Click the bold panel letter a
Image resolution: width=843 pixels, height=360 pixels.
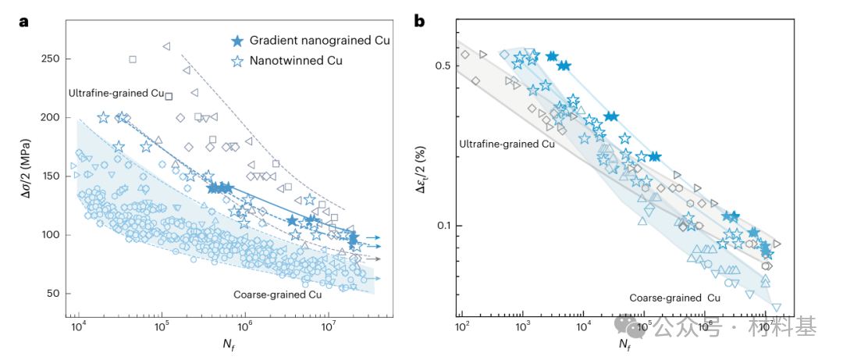(x=24, y=21)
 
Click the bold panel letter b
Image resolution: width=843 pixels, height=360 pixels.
(x=419, y=21)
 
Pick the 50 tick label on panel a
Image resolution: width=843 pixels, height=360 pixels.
(x=51, y=293)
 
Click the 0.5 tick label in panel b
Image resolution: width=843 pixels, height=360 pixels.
(x=442, y=66)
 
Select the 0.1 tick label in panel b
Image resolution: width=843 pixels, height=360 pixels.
(x=442, y=226)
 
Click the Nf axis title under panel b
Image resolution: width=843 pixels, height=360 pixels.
(x=624, y=343)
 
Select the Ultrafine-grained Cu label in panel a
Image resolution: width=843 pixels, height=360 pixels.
(x=116, y=93)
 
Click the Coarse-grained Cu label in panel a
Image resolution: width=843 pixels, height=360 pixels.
(x=277, y=294)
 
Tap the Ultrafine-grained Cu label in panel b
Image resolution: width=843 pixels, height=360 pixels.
(x=507, y=144)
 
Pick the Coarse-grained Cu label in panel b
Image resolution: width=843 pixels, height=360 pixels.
(x=675, y=298)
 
